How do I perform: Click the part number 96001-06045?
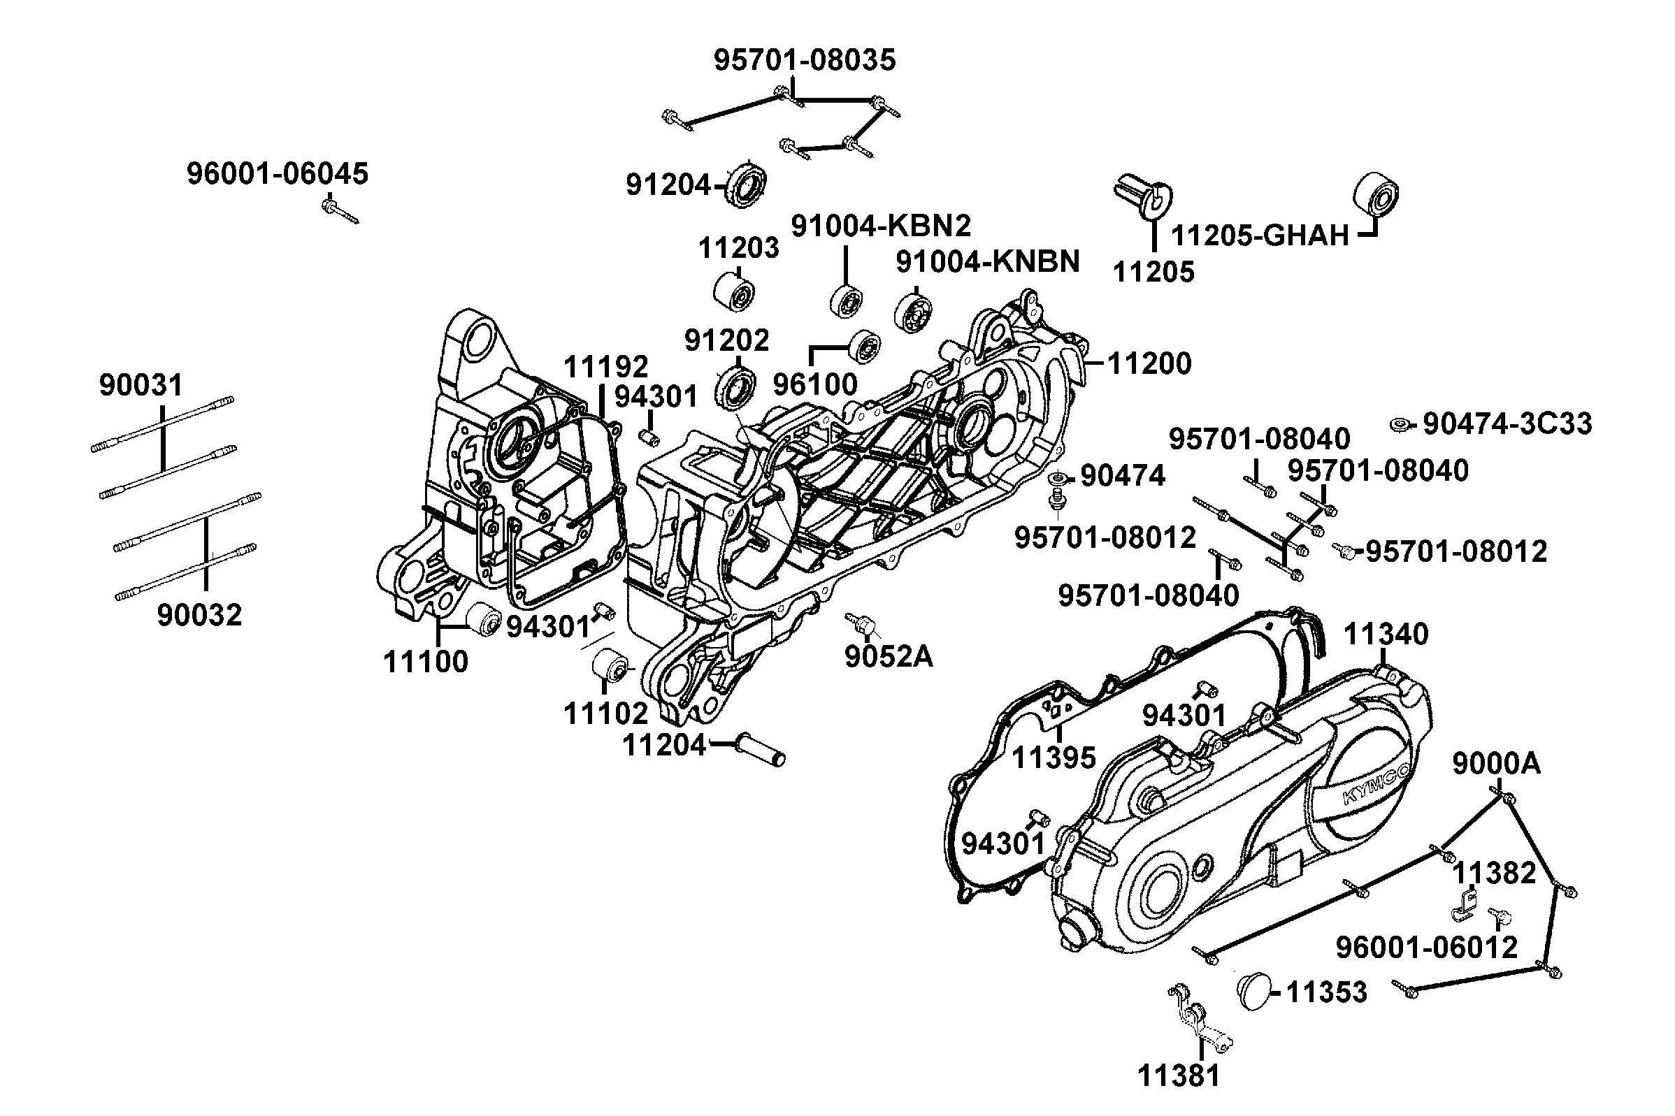click(x=278, y=174)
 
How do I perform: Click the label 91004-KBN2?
click(x=882, y=226)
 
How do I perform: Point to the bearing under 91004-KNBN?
click(x=913, y=312)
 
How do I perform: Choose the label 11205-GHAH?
click(x=1260, y=235)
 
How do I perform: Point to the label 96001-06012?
click(x=1427, y=948)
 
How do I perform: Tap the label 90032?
click(x=199, y=615)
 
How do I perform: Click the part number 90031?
click(x=141, y=386)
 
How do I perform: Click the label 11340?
click(x=1386, y=633)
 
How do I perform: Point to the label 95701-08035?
click(x=805, y=61)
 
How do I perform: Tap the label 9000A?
click(x=1496, y=764)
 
